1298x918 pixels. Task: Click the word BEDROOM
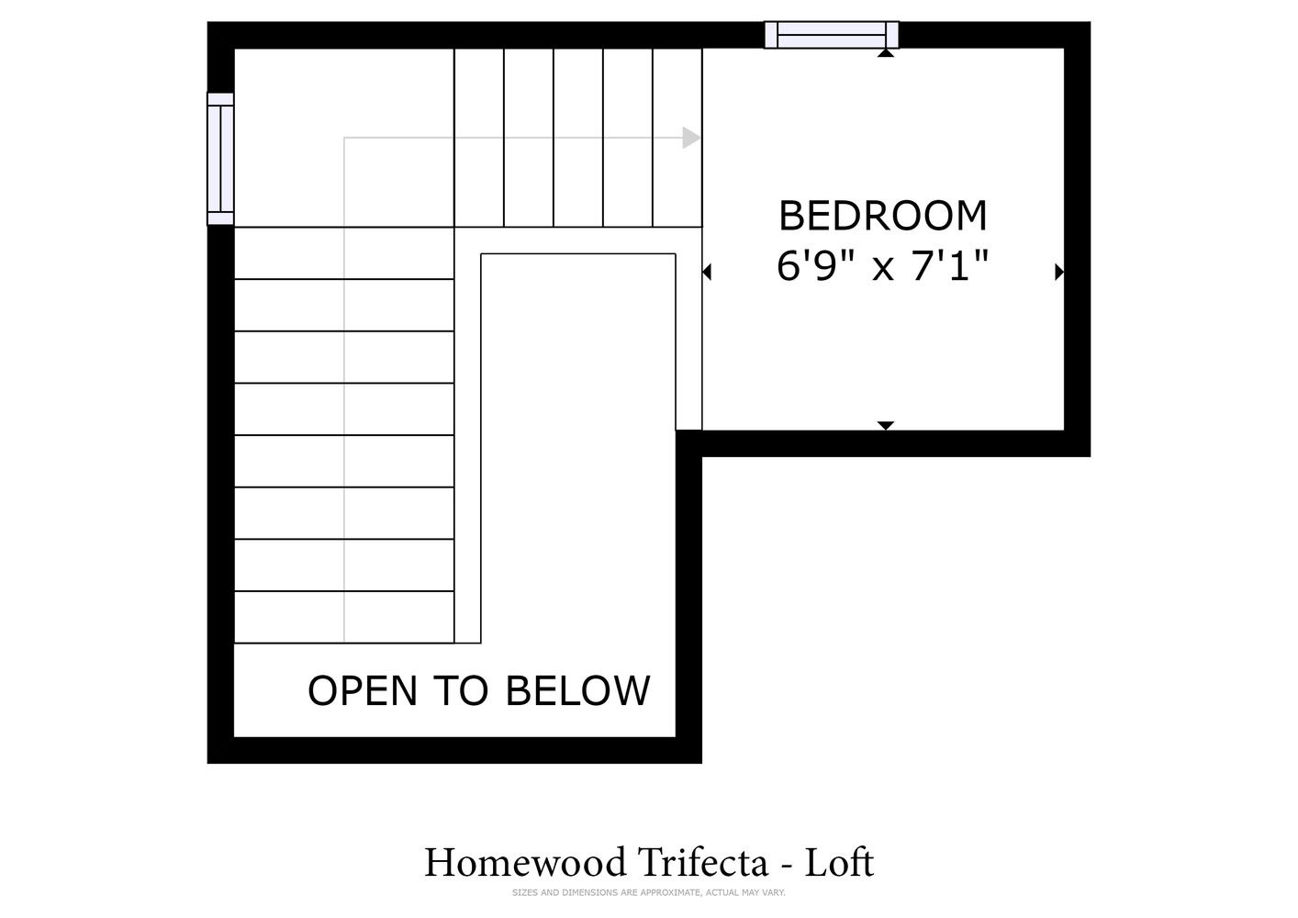882,216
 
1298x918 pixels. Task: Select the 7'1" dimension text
950,266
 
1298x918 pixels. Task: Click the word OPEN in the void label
363,690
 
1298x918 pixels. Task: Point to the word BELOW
577,690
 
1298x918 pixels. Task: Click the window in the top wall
832,35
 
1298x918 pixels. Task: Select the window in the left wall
221,158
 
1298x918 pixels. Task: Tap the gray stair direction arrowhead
691,138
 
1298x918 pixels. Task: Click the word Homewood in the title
525,862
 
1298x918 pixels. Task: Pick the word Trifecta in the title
703,862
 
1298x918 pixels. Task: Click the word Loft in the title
839,862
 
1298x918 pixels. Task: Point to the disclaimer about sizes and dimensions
648,892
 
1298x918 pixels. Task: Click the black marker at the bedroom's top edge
886,52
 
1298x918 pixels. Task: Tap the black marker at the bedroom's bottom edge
886,425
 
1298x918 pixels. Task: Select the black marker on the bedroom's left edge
706,272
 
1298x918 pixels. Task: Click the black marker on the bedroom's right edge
1059,272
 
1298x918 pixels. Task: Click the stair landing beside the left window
344,138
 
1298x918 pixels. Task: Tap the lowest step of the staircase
344,617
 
